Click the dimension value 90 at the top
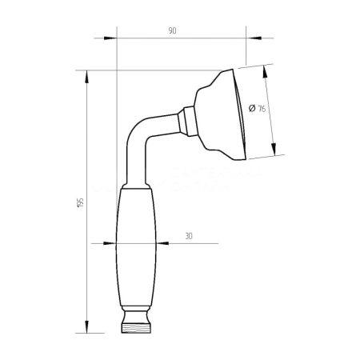(x=172, y=30)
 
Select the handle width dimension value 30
(x=189, y=237)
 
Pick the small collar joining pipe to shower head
(x=186, y=119)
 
